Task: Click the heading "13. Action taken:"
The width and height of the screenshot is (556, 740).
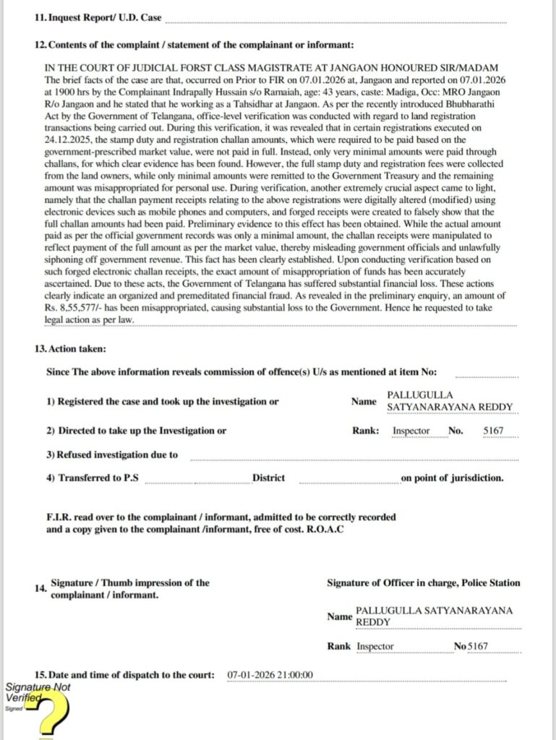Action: click(x=70, y=348)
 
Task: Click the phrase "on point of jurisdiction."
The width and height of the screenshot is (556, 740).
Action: click(x=453, y=478)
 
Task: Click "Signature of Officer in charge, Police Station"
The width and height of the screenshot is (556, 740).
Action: click(x=423, y=583)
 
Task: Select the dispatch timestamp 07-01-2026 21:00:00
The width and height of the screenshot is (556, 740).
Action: click(x=269, y=675)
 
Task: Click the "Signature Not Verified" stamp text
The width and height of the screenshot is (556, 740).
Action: click(x=35, y=693)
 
